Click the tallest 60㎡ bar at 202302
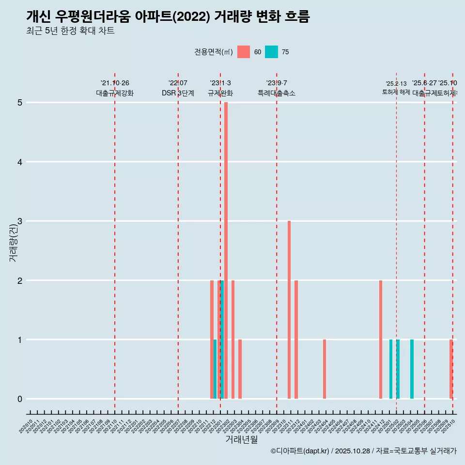point(226,250)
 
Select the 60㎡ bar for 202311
point(289,310)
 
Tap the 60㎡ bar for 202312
point(296,339)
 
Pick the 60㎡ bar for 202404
point(325,369)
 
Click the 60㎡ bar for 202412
point(381,339)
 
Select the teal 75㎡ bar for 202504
point(412,369)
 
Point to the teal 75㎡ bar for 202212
point(215,369)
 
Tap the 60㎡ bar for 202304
point(240,369)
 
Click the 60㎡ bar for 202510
point(451,369)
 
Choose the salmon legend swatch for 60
point(244,52)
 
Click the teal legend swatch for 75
point(271,52)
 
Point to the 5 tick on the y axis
point(20,103)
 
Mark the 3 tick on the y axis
point(20,221)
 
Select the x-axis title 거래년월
point(241,439)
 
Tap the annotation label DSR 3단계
point(178,93)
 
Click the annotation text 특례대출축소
point(276,93)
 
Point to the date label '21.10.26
point(115,83)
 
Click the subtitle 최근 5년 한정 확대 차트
point(71,31)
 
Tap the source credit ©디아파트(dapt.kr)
point(300,451)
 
